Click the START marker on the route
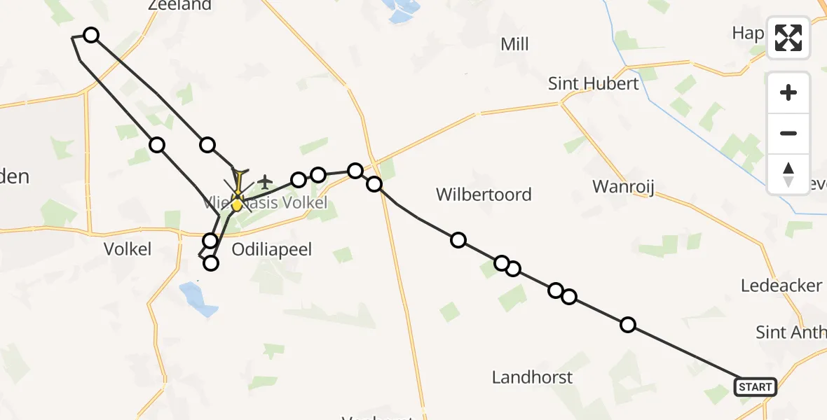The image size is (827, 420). (x=755, y=387)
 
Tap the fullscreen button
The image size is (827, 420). (x=788, y=38)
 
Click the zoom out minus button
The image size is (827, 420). (x=788, y=133)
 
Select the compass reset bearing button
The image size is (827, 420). (x=788, y=174)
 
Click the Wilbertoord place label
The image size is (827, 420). (x=484, y=195)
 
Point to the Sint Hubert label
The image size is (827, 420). (x=594, y=84)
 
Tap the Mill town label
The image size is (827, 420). (x=514, y=45)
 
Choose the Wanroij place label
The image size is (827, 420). (x=623, y=187)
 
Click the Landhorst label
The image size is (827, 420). (x=532, y=377)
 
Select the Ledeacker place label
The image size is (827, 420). (x=781, y=286)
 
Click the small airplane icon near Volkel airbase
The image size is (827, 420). (x=264, y=182)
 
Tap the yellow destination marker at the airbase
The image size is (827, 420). (x=237, y=204)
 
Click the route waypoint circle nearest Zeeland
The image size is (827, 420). (x=91, y=35)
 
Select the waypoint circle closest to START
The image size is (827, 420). (x=628, y=324)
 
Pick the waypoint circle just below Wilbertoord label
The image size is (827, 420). (x=458, y=240)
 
